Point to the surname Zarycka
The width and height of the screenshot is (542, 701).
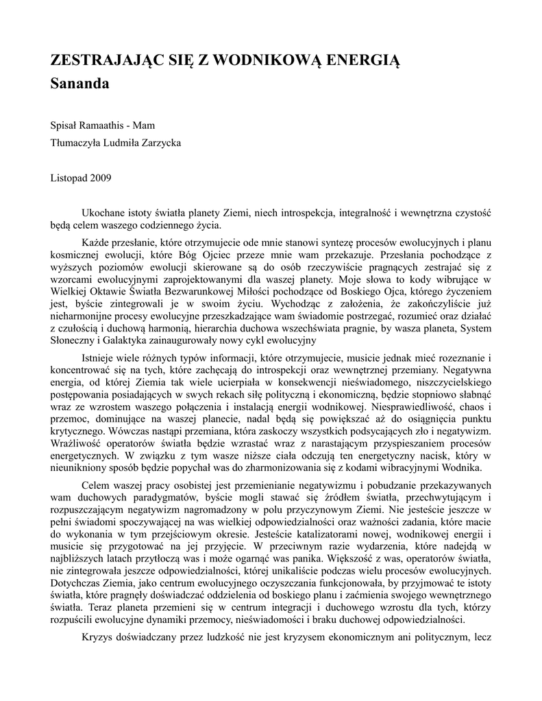click(x=161, y=142)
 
